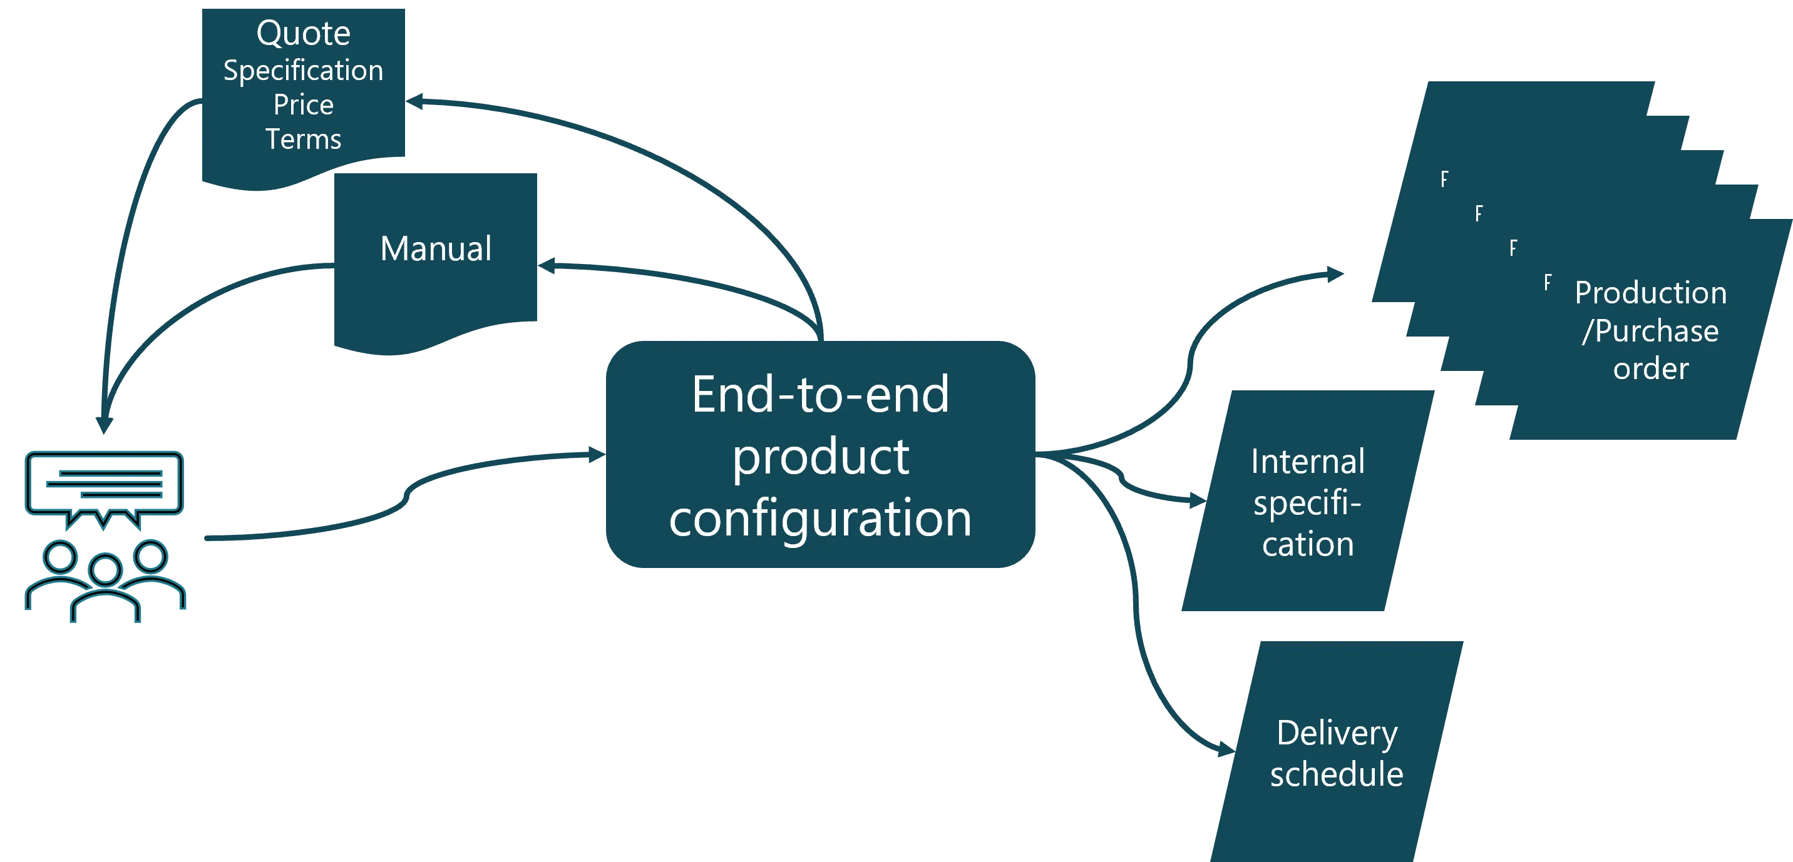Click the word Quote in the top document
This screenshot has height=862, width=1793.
tap(303, 33)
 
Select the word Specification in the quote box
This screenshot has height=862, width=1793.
tap(303, 70)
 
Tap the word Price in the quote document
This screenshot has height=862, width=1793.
tap(303, 105)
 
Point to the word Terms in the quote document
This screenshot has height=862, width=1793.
tap(303, 139)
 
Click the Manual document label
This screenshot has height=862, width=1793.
tap(436, 248)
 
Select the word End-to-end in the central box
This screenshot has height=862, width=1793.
tap(820, 395)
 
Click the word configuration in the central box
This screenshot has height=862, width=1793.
tap(820, 519)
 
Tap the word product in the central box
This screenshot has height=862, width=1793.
tap(820, 457)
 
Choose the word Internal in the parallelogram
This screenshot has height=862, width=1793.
tap(1307, 462)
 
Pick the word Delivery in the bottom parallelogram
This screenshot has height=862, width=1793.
tap(1337, 733)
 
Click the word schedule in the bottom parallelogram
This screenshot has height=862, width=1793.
tap(1337, 774)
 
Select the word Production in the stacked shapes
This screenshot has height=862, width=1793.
tap(1650, 293)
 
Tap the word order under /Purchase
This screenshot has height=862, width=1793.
tap(1650, 368)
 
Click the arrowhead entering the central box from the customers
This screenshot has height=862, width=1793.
tap(597, 455)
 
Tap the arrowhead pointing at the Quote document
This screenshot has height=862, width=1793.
tap(416, 101)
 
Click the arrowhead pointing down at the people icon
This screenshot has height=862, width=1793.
tap(105, 423)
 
